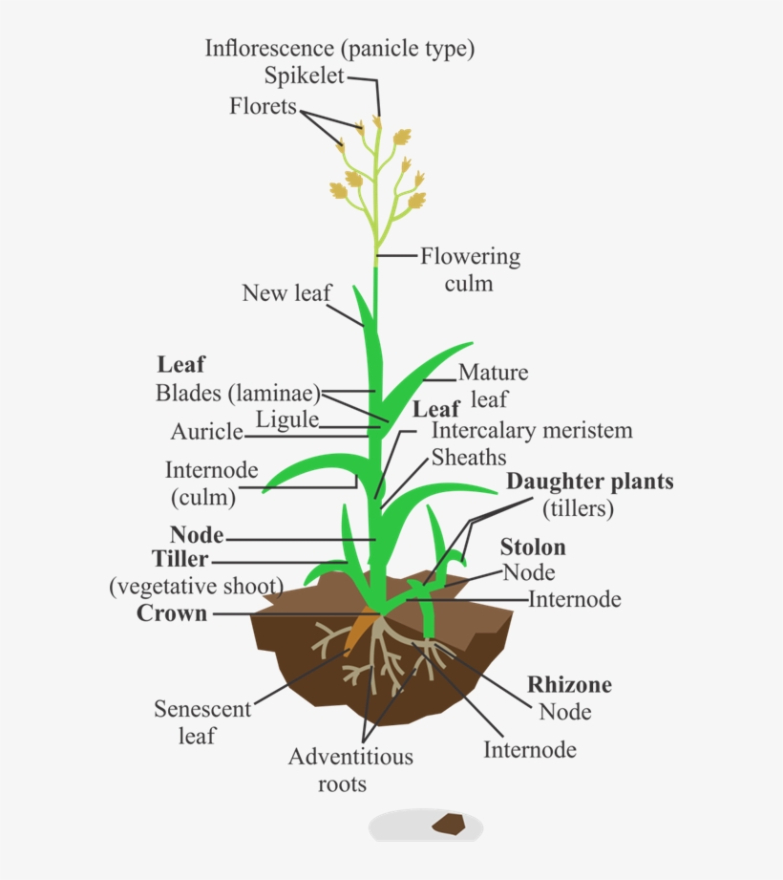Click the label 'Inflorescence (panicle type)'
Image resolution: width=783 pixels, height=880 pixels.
339,48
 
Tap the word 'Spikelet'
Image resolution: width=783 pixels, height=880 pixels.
305,76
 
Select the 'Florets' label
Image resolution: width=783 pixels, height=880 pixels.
263,106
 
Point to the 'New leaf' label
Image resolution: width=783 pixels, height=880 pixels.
286,292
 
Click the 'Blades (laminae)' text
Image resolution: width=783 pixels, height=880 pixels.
238,393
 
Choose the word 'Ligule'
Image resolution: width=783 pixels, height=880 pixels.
286,419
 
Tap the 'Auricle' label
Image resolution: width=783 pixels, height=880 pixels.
207,432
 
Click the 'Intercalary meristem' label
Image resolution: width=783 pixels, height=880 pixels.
532,431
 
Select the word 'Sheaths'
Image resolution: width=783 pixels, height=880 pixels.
469,458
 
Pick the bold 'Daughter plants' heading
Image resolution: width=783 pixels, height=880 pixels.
589,482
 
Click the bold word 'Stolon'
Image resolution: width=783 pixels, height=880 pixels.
533,547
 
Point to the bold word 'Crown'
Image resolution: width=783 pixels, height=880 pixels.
172,613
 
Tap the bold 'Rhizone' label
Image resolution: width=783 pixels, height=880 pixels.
569,685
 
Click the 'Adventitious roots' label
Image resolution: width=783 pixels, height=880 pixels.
350,770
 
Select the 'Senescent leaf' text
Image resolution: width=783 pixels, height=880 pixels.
202,722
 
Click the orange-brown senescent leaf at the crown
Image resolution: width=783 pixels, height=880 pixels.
361,631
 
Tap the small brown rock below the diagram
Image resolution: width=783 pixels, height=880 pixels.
447,823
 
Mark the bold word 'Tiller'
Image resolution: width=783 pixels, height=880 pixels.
180,559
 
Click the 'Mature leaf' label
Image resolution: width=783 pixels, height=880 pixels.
492,385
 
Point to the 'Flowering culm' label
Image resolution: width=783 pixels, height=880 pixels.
470,269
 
